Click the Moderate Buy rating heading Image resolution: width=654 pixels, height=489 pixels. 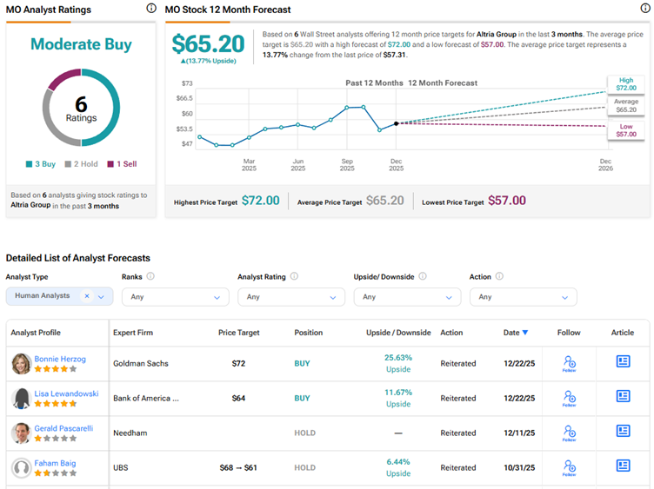[x=81, y=43]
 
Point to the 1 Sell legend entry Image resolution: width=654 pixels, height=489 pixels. [x=121, y=163]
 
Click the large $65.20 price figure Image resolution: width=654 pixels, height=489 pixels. [x=209, y=44]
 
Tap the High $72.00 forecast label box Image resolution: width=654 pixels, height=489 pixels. [x=626, y=84]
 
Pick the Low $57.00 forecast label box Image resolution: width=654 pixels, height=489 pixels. [x=626, y=130]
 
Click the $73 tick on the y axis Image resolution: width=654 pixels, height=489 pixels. [x=186, y=83]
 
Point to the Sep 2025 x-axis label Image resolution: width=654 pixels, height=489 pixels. [x=347, y=164]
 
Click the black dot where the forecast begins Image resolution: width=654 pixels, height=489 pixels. [x=397, y=123]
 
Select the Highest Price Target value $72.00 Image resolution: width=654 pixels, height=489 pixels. [x=260, y=201]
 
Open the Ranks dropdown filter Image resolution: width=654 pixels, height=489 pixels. [x=175, y=296]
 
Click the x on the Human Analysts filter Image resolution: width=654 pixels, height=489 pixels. [x=87, y=296]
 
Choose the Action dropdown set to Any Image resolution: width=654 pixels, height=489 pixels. [x=523, y=296]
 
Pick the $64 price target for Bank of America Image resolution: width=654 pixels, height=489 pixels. [x=239, y=398]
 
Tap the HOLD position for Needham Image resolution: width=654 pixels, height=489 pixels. [x=304, y=433]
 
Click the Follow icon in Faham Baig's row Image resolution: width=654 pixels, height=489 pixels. [x=569, y=467]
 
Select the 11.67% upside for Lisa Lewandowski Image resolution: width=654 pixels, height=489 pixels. [x=398, y=393]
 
